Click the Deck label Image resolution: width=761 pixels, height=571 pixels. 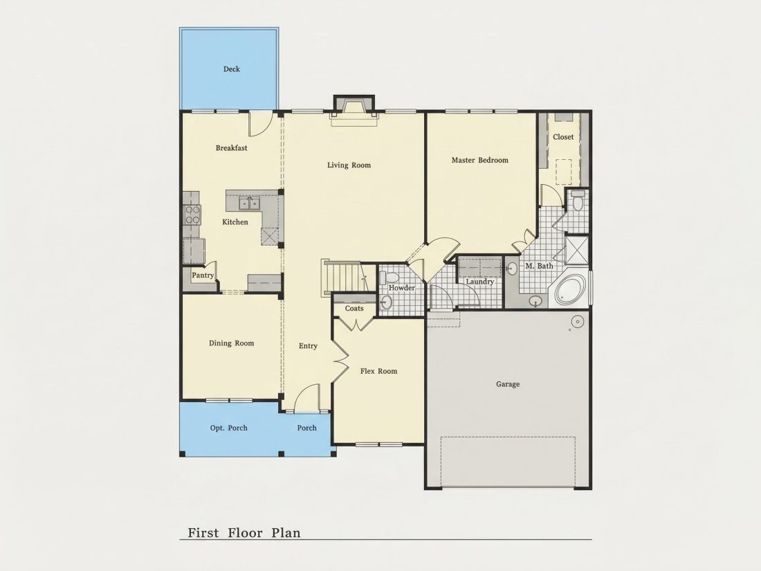[x=232, y=69]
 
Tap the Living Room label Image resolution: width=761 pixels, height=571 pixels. [x=349, y=165]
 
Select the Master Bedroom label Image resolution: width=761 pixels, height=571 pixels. [x=480, y=161]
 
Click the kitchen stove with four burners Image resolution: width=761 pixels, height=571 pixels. [x=192, y=215]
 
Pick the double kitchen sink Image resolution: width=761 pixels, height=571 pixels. [x=250, y=203]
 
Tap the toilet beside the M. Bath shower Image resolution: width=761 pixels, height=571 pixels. [x=578, y=200]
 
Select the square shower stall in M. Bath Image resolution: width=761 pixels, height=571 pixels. [x=577, y=250]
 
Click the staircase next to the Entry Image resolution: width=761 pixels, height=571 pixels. [x=344, y=278]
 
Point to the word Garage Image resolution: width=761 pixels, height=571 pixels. [x=508, y=384]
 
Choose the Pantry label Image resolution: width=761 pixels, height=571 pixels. [x=203, y=275]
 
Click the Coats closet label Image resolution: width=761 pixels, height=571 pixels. [x=354, y=308]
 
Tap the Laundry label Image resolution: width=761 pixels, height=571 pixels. [x=479, y=282]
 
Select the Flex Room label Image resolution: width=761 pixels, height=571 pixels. [x=378, y=371]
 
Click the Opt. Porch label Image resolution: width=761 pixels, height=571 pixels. [x=228, y=428]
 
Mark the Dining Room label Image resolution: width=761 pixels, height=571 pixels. [x=232, y=343]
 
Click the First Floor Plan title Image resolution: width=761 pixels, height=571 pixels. [x=244, y=533]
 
